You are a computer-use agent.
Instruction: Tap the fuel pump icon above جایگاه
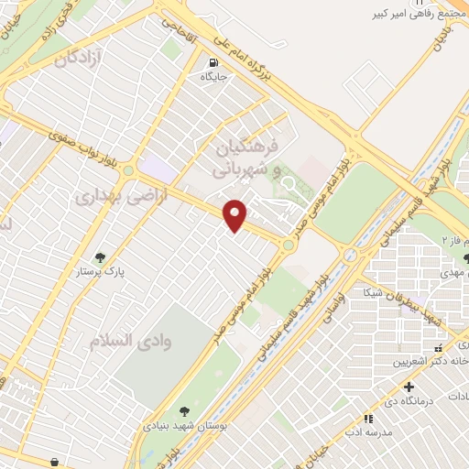[213, 64]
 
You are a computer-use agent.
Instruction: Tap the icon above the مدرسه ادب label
[368, 419]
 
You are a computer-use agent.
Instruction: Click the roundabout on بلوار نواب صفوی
[127, 169]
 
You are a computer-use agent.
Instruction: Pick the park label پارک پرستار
[100, 273]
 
